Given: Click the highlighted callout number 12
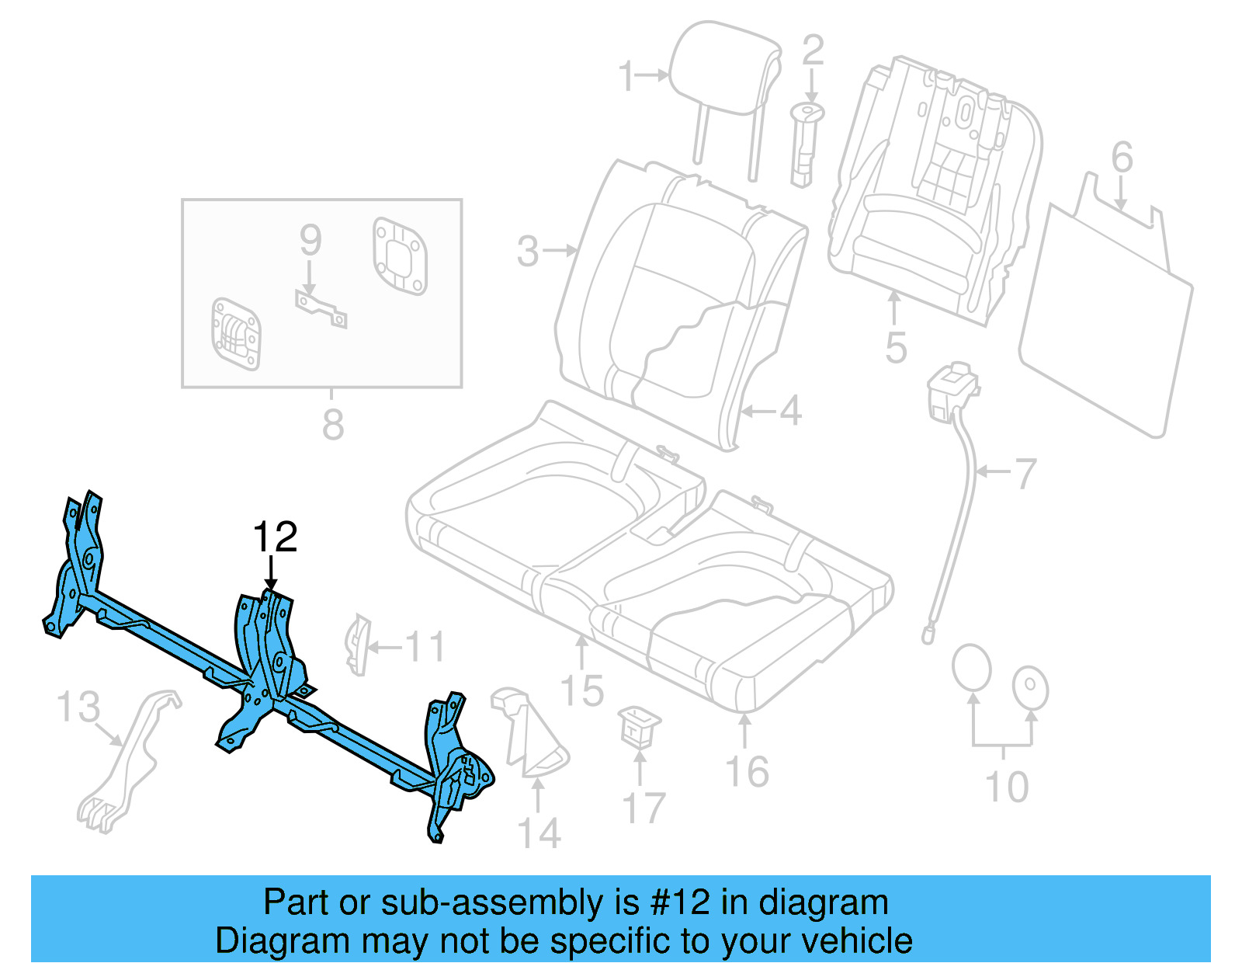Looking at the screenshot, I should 276,537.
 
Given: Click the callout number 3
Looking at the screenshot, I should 528,251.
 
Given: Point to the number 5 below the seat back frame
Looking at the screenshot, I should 896,347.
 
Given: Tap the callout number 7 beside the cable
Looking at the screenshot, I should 1025,473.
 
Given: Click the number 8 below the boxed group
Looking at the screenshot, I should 332,425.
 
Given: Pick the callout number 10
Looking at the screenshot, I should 1007,787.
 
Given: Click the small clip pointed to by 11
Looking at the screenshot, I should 356,644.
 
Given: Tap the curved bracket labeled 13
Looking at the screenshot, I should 128,761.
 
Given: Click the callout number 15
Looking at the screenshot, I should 582,690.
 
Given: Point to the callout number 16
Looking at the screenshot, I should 747,771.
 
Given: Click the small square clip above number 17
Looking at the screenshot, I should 640,726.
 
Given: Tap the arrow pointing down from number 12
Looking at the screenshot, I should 271,575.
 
